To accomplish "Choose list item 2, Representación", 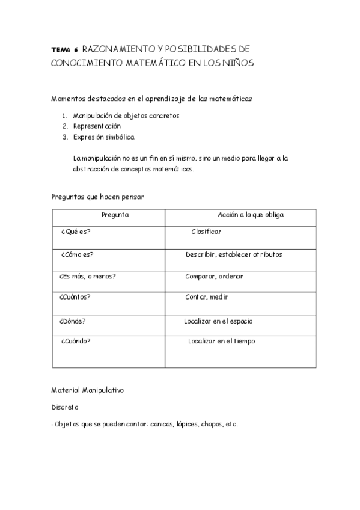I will [97, 126].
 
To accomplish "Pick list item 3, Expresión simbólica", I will [103, 137].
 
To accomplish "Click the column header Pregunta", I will [115, 215].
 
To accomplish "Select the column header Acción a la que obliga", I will [251, 215].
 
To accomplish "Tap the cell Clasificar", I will [206, 232].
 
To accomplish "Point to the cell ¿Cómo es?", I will [76, 254].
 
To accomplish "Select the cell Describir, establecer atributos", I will [234, 254].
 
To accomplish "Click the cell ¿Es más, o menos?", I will [88, 276].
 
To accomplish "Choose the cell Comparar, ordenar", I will [214, 276].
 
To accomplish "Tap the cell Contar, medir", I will [206, 297].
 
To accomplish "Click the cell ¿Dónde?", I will [73, 321].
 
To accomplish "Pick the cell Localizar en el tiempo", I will [221, 341].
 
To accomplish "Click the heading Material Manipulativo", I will [87, 390].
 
